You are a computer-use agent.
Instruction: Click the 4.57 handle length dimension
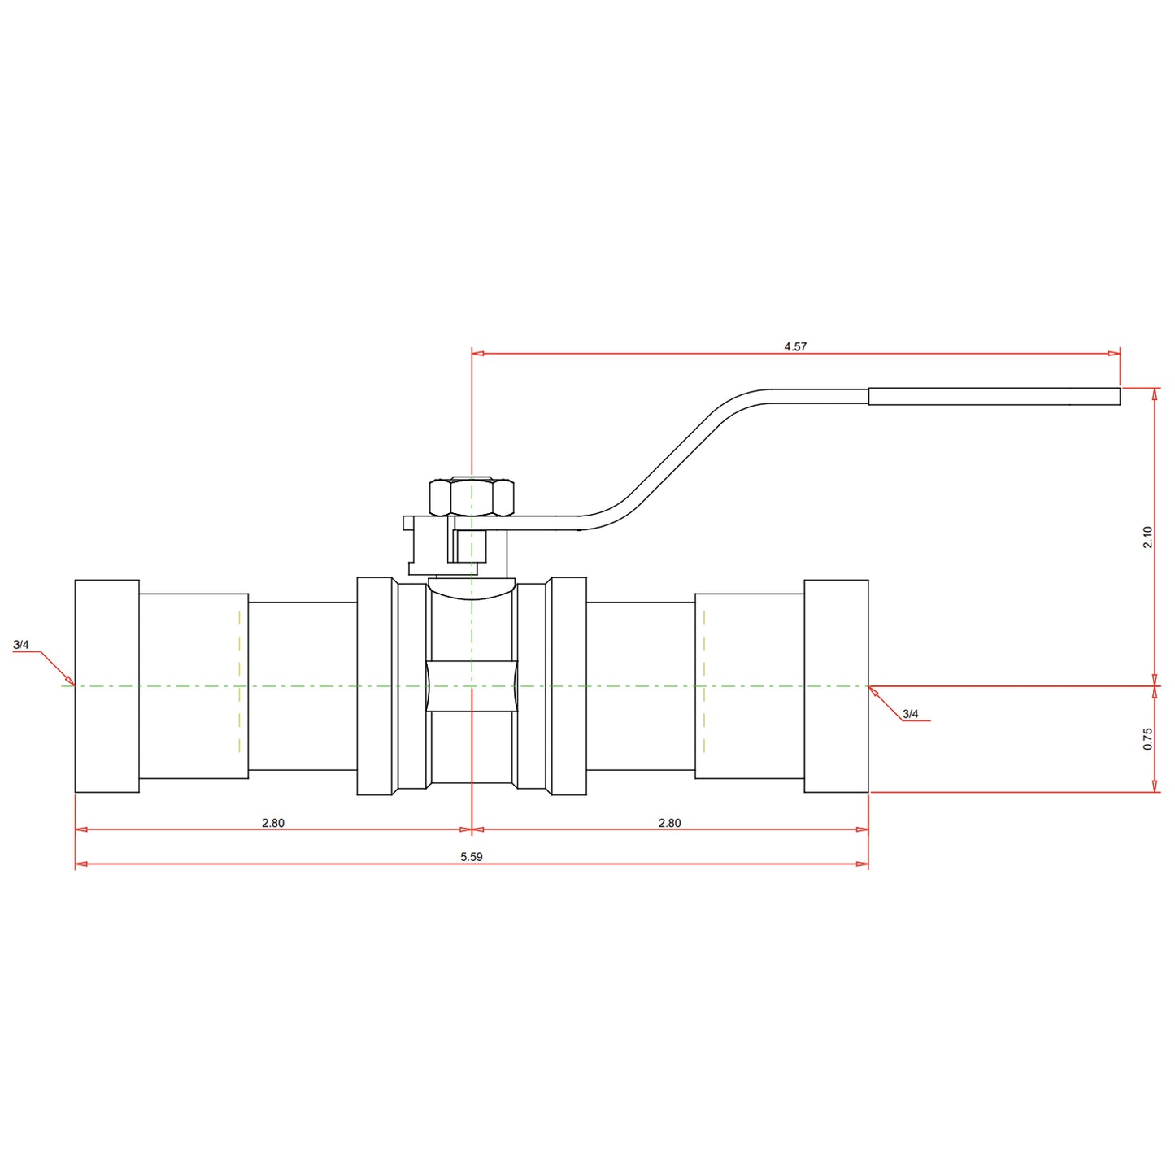pyautogui.click(x=795, y=346)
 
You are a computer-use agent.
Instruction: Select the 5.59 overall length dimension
pyautogui.click(x=471, y=857)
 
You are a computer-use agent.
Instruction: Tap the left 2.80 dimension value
pyautogui.click(x=273, y=823)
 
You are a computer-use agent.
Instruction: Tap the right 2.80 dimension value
pyautogui.click(x=669, y=823)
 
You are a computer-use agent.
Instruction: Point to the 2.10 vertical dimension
pyautogui.click(x=1147, y=537)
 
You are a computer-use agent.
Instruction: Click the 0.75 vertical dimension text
pyautogui.click(x=1147, y=738)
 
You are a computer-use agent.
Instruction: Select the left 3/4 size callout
pyautogui.click(x=21, y=645)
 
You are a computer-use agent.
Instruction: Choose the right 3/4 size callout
pyautogui.click(x=910, y=714)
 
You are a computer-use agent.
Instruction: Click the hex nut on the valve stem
pyautogui.click(x=472, y=498)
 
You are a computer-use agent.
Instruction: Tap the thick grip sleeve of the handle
pyautogui.click(x=994, y=396)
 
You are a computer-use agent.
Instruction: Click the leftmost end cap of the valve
pyautogui.click(x=107, y=685)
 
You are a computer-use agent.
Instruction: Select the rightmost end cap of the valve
pyautogui.click(x=836, y=685)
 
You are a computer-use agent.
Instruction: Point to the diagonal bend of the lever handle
pyautogui.click(x=675, y=455)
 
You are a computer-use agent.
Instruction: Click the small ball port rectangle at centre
pyautogui.click(x=472, y=686)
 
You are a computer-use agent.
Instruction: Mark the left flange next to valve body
pyautogui.click(x=375, y=685)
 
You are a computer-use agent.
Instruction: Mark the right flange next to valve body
pyautogui.click(x=568, y=685)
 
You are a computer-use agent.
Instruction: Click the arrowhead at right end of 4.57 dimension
pyautogui.click(x=1114, y=353)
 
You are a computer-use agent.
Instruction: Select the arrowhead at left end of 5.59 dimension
pyautogui.click(x=81, y=864)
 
